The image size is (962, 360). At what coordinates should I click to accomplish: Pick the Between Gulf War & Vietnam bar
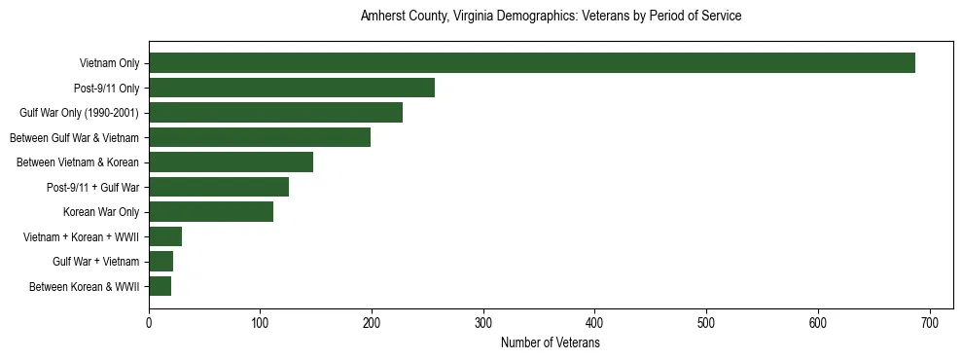point(260,137)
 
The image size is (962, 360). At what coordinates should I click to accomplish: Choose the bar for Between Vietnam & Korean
point(231,162)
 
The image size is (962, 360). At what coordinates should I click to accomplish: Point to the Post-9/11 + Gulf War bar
point(219,187)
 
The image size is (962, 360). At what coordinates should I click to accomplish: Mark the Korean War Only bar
point(211,212)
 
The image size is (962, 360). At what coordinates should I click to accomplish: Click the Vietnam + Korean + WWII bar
point(165,236)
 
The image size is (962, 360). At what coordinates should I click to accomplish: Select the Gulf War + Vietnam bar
point(160,262)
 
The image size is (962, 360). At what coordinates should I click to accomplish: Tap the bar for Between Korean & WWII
point(160,286)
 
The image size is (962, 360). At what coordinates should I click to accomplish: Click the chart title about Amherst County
point(551,17)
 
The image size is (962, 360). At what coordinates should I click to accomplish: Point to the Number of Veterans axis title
point(551,343)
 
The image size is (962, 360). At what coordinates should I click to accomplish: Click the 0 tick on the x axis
point(149,324)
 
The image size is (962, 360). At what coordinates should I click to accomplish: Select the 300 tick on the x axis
point(483,324)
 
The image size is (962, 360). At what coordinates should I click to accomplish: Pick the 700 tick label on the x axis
point(929,324)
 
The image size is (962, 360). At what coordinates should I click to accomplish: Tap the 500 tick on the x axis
point(706,324)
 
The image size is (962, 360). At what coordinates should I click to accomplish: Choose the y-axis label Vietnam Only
point(109,63)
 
